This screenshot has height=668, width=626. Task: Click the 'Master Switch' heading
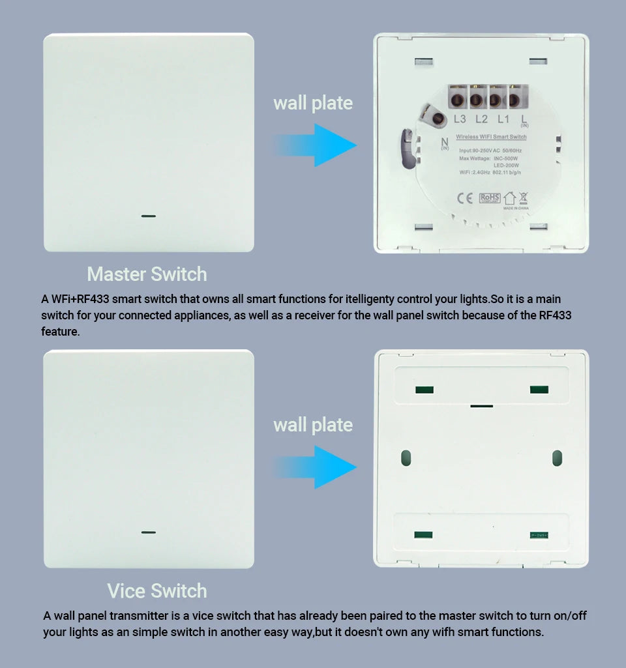147,274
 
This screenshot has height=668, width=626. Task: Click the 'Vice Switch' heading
157,590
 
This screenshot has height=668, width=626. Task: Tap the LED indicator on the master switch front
149,215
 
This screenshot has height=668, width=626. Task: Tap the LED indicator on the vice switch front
149,532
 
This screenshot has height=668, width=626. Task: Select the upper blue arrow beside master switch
316,145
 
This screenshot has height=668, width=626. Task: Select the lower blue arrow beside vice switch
316,467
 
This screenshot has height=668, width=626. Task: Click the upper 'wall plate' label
313,103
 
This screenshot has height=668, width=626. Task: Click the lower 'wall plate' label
313,425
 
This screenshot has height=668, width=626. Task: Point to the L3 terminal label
460,119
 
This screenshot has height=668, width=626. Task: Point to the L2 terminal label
481,119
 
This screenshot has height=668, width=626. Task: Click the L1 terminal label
503,119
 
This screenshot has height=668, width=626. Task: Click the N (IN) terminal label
445,143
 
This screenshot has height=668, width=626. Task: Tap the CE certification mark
464,198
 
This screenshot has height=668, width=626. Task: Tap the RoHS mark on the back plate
489,198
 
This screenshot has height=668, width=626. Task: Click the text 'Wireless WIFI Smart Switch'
491,137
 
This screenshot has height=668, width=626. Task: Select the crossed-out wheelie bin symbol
523,198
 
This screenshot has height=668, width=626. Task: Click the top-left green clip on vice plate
425,390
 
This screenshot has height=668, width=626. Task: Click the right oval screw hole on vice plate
557,457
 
